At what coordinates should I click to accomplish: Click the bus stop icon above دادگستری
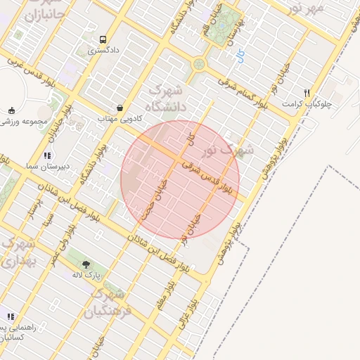[103, 40]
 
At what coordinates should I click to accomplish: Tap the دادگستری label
[103, 51]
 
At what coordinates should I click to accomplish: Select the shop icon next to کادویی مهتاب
[120, 108]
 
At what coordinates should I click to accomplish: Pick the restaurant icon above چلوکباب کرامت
[307, 93]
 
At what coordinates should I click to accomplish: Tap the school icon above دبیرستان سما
[47, 155]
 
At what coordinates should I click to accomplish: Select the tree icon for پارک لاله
[86, 264]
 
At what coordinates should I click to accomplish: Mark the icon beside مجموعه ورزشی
[11, 110]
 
